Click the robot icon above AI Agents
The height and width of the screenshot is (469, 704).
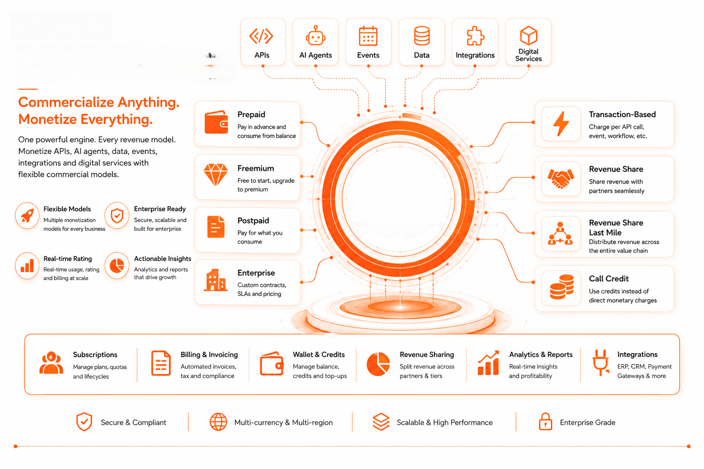[315, 36]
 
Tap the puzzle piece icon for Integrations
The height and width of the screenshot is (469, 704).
[475, 36]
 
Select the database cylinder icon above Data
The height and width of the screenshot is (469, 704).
[422, 36]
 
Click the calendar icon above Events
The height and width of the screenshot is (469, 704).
[368, 36]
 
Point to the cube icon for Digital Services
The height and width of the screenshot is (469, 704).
[528, 35]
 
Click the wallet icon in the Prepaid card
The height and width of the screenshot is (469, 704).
[216, 122]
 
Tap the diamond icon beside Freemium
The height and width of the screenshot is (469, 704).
[215, 175]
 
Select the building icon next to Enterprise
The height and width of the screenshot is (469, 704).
[215, 280]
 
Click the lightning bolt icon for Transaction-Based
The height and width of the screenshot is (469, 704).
[561, 124]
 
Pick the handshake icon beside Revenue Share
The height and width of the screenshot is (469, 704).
[561, 178]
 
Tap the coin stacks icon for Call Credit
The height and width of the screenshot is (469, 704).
[561, 287]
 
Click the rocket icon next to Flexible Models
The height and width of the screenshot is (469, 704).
[27, 216]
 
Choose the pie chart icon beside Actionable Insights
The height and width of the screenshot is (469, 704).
[116, 266]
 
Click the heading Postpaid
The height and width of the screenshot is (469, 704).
[253, 220]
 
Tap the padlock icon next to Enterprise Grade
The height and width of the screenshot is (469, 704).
[545, 421]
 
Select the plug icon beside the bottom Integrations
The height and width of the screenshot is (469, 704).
[600, 362]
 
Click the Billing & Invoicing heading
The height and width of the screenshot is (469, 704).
[209, 354]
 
